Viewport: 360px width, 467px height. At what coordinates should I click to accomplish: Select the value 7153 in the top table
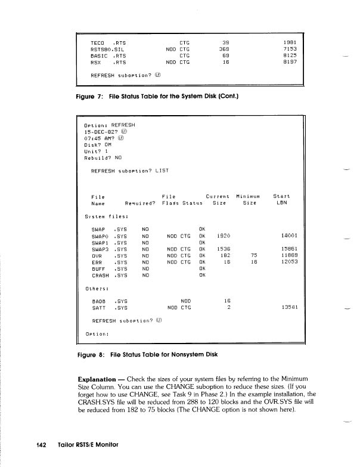(290, 49)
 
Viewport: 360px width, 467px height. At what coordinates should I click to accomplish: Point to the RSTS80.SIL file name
(107, 49)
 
